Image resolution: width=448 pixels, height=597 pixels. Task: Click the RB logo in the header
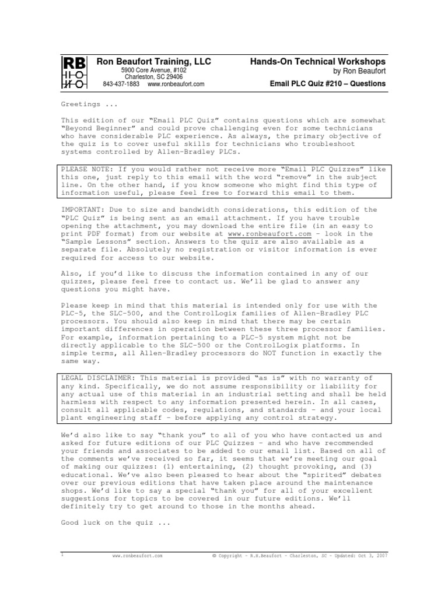click(74, 72)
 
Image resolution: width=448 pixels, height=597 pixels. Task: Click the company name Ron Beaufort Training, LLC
click(153, 61)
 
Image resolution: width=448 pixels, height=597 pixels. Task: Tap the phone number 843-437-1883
click(121, 84)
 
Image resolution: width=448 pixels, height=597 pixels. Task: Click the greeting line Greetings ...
click(81, 104)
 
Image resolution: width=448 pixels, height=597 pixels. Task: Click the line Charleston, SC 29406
click(153, 77)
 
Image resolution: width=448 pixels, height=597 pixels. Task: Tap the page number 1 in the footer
click(62, 556)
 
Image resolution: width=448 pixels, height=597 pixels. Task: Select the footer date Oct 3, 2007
click(373, 556)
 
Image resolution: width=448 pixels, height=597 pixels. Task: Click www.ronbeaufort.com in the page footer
click(137, 556)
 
